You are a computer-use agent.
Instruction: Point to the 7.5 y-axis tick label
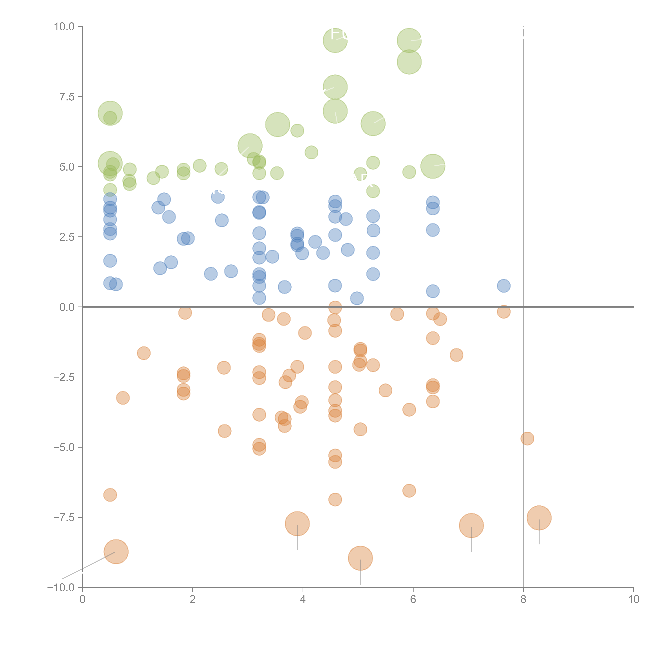coord(67,97)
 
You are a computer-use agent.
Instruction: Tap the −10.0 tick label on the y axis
coord(61,588)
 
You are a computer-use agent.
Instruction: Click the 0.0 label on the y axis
coord(67,307)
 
